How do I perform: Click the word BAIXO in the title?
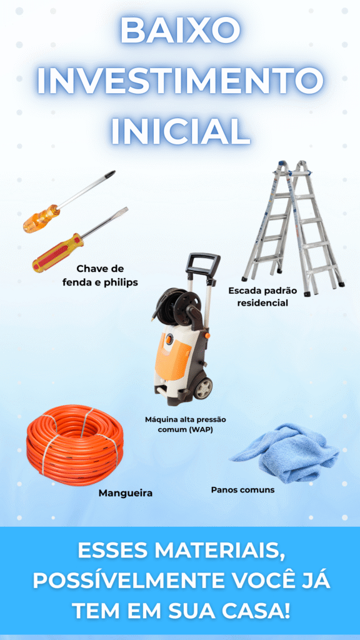point(180,31)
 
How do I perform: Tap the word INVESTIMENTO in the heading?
point(180,81)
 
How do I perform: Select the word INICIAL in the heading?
point(180,131)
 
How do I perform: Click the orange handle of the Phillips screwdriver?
point(41,219)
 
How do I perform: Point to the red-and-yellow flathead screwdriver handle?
point(58,252)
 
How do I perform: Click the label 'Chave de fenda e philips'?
point(100,276)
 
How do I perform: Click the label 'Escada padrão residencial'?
point(263,297)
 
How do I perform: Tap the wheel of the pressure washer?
point(203,387)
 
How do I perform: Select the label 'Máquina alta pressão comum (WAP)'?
point(186,424)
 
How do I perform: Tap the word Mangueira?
point(126,493)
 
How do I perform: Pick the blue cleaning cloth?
point(286,452)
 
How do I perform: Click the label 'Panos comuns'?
point(243,489)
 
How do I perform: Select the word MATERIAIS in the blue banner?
point(219,551)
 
